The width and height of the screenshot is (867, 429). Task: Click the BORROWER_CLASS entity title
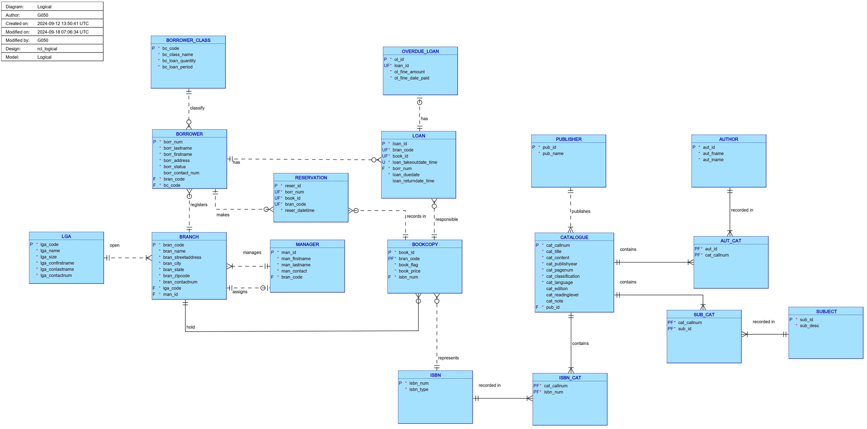click(x=188, y=40)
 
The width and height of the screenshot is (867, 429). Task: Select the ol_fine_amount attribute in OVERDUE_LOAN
click(x=409, y=72)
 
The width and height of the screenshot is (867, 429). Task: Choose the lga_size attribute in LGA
click(x=49, y=257)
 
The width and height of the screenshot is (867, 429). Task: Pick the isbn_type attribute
click(x=419, y=389)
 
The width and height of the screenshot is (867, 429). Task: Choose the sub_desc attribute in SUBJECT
click(x=809, y=326)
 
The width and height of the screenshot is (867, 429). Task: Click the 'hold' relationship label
click(x=191, y=327)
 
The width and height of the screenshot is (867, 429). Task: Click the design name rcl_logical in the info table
click(x=47, y=49)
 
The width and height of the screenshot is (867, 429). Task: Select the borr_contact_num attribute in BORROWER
click(x=181, y=173)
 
